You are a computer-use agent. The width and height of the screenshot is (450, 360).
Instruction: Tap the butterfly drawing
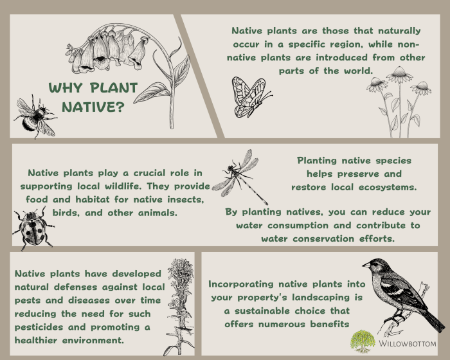click(x=248, y=97)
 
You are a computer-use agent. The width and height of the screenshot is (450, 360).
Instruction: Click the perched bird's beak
click(x=364, y=264)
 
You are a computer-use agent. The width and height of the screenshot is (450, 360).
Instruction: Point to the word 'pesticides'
click(x=41, y=326)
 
